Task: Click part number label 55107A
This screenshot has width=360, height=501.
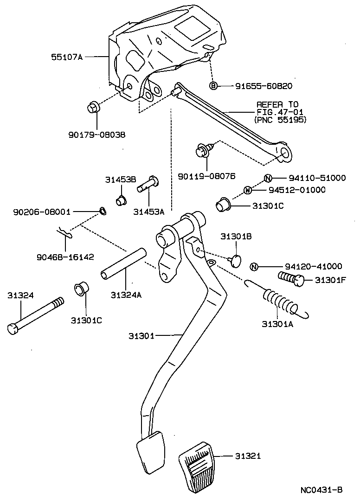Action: (x=66, y=57)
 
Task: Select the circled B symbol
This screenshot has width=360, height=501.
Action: (x=213, y=86)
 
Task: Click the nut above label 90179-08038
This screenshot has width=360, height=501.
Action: (x=92, y=108)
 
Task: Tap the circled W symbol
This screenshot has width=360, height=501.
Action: (x=247, y=190)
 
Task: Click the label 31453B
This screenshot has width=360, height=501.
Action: (x=120, y=180)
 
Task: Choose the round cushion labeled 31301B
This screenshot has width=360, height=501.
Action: (x=236, y=260)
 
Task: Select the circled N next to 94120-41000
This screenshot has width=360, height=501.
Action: (x=254, y=266)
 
